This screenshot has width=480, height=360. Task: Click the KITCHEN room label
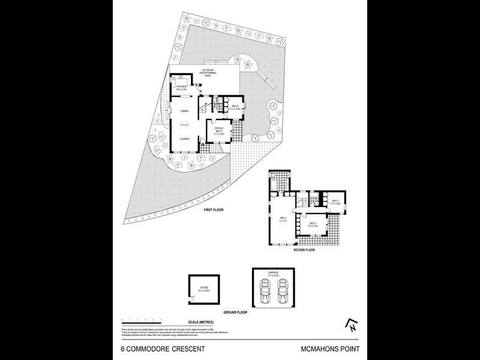(x=181, y=86)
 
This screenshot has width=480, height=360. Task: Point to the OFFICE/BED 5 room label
(x=219, y=130)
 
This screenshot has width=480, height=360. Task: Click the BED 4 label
(x=235, y=106)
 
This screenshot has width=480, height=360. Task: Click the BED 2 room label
(x=313, y=223)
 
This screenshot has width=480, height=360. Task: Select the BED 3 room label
(x=335, y=201)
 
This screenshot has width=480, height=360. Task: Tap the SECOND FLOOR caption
(x=304, y=250)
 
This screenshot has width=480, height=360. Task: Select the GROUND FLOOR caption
(x=233, y=312)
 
